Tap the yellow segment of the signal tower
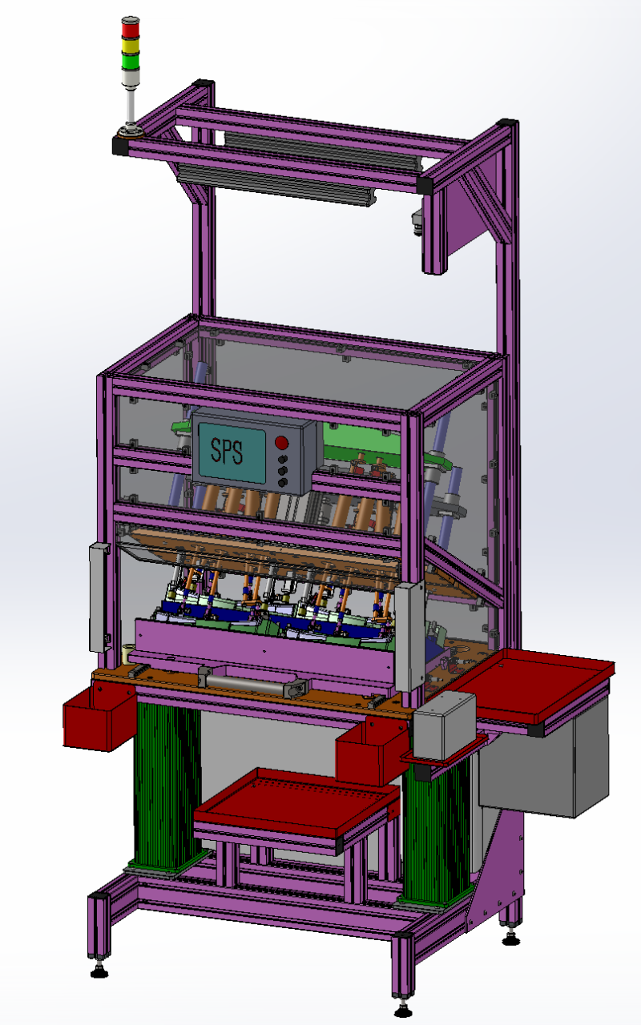click(x=131, y=46)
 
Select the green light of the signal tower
click(x=131, y=62)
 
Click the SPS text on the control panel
click(x=227, y=451)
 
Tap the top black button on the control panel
click(x=283, y=459)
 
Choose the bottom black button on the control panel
click(x=283, y=482)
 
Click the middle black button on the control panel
click(x=283, y=471)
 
